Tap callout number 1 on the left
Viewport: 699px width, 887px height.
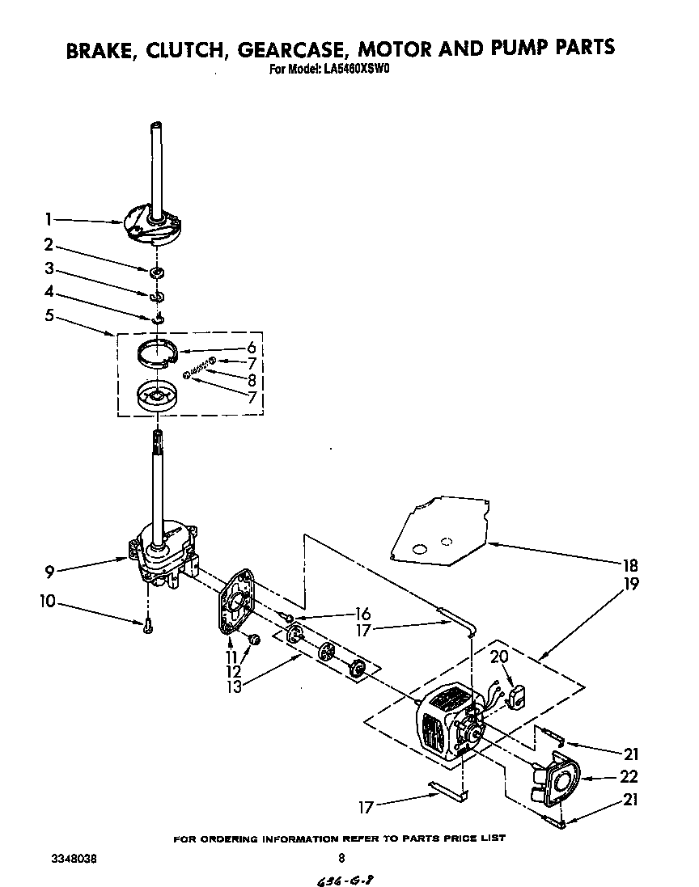click(49, 219)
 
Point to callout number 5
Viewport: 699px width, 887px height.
click(49, 315)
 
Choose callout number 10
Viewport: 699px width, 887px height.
click(49, 602)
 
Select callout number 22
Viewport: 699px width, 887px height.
click(629, 776)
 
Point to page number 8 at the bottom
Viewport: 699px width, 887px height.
click(341, 859)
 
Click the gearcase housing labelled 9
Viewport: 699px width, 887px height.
click(166, 554)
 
